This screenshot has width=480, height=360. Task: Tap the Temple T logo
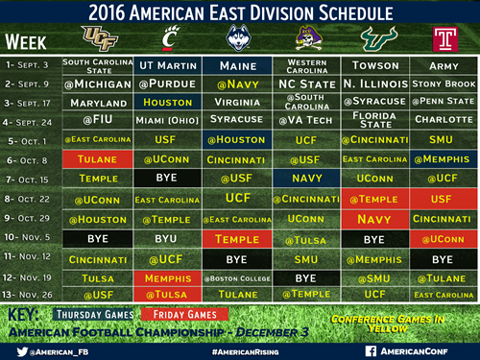click(x=443, y=39)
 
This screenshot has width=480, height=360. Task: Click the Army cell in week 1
click(x=443, y=65)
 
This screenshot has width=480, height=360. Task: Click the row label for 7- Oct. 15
click(x=31, y=179)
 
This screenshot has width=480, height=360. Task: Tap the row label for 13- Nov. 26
click(x=31, y=294)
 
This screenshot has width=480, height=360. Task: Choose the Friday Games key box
click(x=183, y=314)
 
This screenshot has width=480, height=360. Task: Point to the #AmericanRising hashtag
click(x=240, y=351)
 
